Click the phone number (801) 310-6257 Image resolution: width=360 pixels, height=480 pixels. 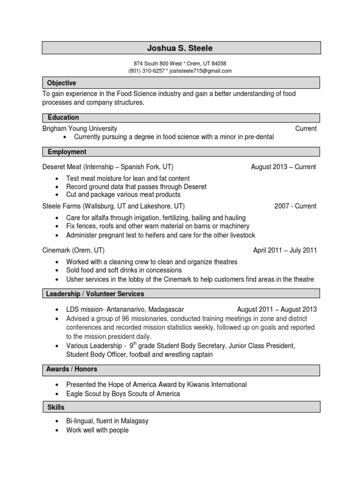[x=146, y=71]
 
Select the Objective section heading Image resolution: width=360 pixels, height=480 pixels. [x=61, y=83]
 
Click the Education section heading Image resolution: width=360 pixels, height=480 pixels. [x=63, y=117]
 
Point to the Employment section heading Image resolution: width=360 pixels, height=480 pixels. [x=67, y=152]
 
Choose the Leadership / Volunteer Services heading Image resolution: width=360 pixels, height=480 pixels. [x=95, y=294]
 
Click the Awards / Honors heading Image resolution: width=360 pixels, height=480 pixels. [x=72, y=369]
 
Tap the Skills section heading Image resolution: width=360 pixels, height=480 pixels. [x=56, y=407]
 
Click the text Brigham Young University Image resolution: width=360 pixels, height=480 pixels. [x=80, y=128]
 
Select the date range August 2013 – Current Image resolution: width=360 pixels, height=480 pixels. [x=284, y=167]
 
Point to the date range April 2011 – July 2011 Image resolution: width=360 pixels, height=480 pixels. [x=285, y=250]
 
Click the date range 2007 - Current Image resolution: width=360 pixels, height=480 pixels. [x=295, y=206]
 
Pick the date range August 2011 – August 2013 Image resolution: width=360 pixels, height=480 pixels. [x=277, y=309]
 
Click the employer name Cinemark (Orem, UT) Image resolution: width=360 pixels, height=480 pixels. [x=74, y=250]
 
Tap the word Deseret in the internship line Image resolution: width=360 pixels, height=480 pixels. [x=55, y=167]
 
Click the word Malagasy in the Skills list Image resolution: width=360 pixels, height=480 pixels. [x=134, y=421]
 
